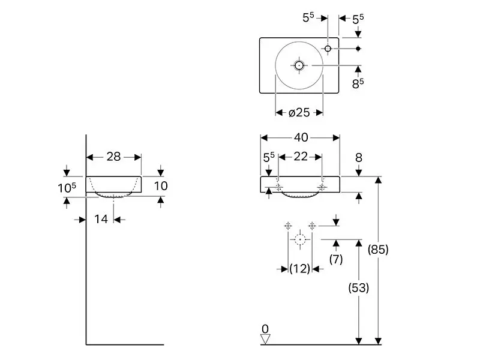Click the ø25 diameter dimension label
(299, 113)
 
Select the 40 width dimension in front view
(301, 137)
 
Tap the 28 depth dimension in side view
(113, 157)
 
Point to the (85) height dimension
(378, 250)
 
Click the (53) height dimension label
(358, 287)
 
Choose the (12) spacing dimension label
(299, 268)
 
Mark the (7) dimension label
(336, 259)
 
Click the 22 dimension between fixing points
(301, 157)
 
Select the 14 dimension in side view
(101, 219)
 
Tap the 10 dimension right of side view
(161, 186)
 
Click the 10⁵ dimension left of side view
(67, 188)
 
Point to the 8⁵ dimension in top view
(358, 83)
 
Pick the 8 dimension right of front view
(359, 158)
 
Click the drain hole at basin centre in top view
(299, 65)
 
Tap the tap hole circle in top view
(328, 49)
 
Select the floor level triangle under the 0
(265, 339)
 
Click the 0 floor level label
(265, 329)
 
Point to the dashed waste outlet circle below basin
(300, 239)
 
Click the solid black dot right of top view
(358, 49)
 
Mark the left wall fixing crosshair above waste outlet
(288, 226)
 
